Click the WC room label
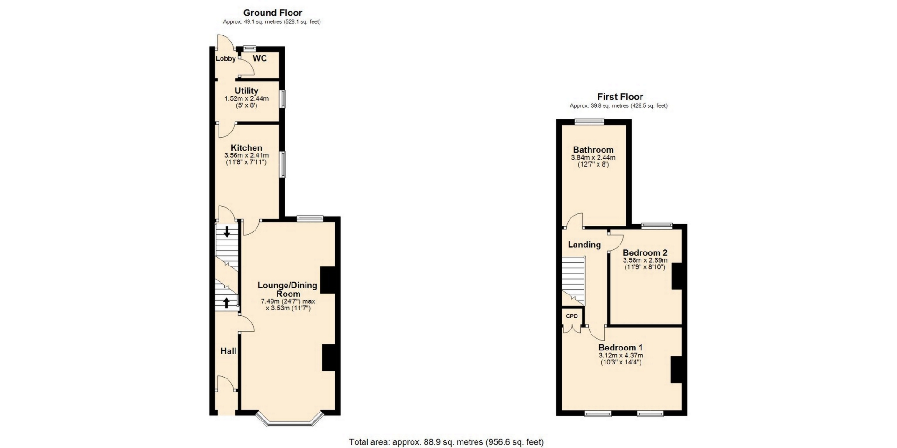260,58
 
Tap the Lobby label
226,59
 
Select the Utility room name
247,91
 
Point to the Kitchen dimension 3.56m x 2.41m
247,155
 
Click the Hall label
228,351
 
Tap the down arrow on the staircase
227,231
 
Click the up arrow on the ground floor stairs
227,303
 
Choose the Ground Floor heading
273,13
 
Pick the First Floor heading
620,97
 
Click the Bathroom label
593,150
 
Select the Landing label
584,245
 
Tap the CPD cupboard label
572,316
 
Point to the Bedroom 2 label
645,253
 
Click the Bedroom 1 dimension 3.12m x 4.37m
621,356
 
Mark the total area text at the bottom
447,442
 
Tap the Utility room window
283,99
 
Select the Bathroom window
589,122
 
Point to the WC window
249,48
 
